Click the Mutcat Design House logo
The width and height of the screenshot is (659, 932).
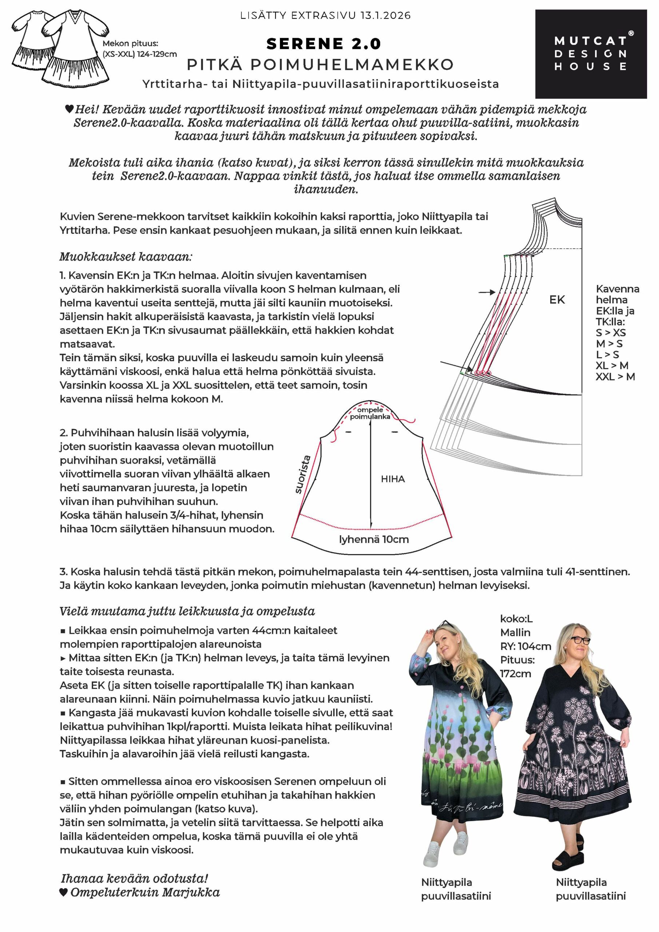[x=591, y=54]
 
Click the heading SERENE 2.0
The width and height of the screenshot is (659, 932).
[x=323, y=44]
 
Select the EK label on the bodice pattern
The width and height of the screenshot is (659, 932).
[x=557, y=300]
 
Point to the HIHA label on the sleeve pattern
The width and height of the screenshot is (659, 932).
[x=392, y=479]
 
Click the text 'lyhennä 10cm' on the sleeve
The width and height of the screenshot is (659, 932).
[x=374, y=540]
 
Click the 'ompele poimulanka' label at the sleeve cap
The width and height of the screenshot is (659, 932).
[x=370, y=413]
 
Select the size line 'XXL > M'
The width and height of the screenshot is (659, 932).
[x=615, y=377]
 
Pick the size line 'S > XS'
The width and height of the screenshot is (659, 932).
[x=611, y=333]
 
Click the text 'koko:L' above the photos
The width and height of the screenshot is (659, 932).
[x=516, y=619]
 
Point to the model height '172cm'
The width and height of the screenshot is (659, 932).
[x=515, y=674]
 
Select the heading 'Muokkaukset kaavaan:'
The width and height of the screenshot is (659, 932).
[x=126, y=257]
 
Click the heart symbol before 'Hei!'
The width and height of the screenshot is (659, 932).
[x=69, y=109]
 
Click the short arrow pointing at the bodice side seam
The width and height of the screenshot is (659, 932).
[x=487, y=292]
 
